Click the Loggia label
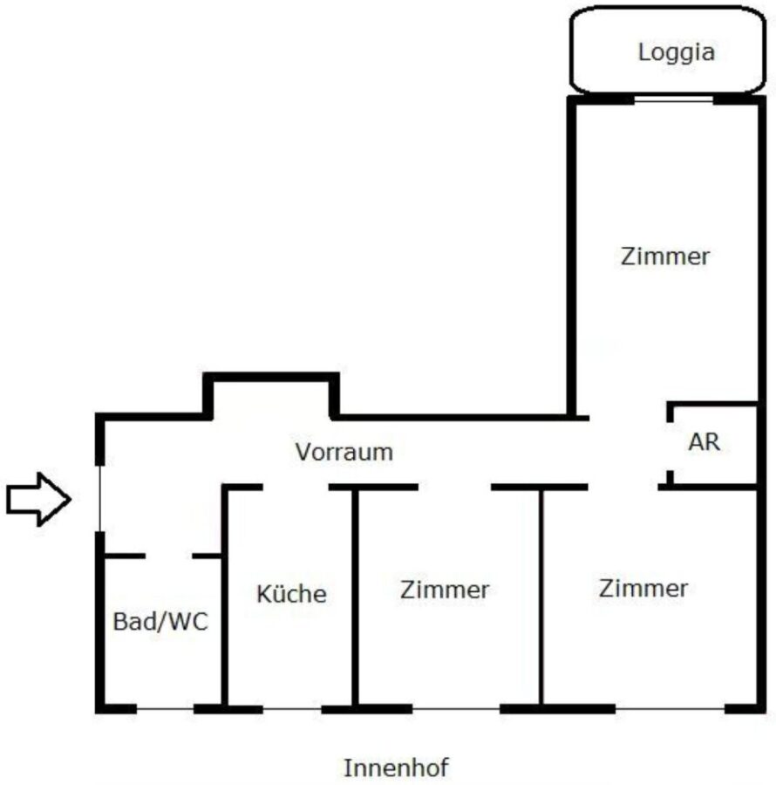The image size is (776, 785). [x=676, y=52]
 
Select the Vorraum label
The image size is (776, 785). [x=344, y=453]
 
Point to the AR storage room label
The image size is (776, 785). [x=705, y=442]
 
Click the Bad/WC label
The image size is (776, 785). [x=161, y=624]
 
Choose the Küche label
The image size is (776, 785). [x=291, y=595]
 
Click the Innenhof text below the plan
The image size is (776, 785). [x=397, y=768]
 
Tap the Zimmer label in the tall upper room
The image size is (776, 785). [x=665, y=257]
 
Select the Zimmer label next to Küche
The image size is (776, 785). [x=445, y=590]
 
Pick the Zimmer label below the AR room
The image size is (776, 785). [x=643, y=588]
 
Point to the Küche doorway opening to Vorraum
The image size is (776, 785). [x=296, y=487]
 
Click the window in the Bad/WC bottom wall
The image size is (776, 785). [x=165, y=708]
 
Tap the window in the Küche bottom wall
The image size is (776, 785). [x=292, y=708]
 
